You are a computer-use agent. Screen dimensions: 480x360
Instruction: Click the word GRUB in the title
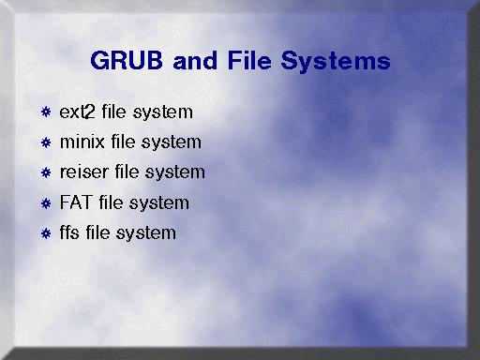coord(127,60)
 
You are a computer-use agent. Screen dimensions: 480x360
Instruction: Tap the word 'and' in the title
coord(195,60)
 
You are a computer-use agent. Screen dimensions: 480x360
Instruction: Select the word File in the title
coord(249,60)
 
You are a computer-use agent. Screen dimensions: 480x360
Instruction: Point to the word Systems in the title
coord(336,62)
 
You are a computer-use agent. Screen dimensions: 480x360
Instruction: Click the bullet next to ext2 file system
coord(46,112)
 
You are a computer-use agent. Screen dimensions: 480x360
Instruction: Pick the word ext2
coord(77,112)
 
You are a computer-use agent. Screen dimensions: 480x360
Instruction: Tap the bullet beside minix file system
coord(46,142)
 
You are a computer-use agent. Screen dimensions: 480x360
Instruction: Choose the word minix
coord(82,142)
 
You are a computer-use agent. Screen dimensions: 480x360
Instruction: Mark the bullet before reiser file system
coord(46,172)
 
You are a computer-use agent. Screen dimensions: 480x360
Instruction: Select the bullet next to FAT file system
coord(46,203)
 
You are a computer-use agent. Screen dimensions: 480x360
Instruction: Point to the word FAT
coord(76,202)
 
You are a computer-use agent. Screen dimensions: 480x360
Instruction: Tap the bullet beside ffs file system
coord(46,233)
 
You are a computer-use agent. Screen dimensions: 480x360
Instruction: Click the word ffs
coord(69,232)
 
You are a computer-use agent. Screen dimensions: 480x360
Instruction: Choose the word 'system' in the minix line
coord(172,143)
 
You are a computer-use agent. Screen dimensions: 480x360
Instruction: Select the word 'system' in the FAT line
coord(159,204)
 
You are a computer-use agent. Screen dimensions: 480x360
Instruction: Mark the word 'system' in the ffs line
coord(146,234)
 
